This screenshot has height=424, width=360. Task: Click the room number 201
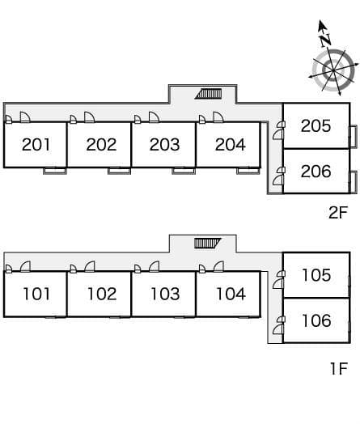pyautogui.click(x=36, y=144)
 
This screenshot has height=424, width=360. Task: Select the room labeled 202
pyautogui.click(x=101, y=144)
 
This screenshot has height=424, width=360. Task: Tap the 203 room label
pyautogui.click(x=164, y=144)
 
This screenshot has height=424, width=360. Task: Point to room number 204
pyautogui.click(x=231, y=144)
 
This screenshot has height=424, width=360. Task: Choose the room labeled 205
pyautogui.click(x=316, y=125)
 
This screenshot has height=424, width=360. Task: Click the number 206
pyautogui.click(x=316, y=172)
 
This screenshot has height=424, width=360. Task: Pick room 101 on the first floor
pyautogui.click(x=36, y=294)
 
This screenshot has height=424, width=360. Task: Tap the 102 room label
pyautogui.click(x=102, y=294)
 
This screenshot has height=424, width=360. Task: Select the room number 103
pyautogui.click(x=165, y=294)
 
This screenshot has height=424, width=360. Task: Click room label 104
pyautogui.click(x=231, y=294)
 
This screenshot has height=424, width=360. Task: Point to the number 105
pyautogui.click(x=316, y=275)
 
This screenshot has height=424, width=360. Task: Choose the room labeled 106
pyautogui.click(x=316, y=320)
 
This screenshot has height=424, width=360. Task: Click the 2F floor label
pyautogui.click(x=338, y=212)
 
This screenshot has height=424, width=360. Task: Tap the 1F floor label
pyautogui.click(x=339, y=368)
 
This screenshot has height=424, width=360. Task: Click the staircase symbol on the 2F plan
pyautogui.click(x=209, y=94)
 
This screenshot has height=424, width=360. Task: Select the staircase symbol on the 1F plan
pyautogui.click(x=208, y=243)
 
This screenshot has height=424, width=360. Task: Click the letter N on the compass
pyautogui.click(x=325, y=40)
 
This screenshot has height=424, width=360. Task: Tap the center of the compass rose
pyautogui.click(x=332, y=70)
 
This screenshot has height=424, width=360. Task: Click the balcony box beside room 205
pyautogui.click(x=353, y=137)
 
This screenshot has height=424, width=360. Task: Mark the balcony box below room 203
pyautogui.click(x=184, y=171)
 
